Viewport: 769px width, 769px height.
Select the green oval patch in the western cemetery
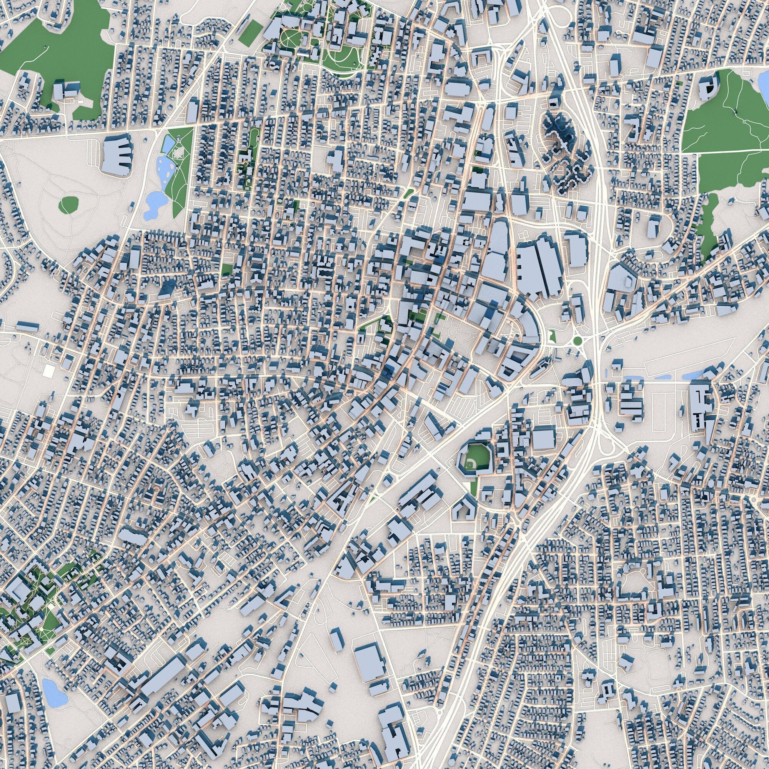(69, 205)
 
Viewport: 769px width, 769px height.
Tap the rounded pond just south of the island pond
(151, 203)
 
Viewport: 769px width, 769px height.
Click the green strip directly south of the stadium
(473, 488)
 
